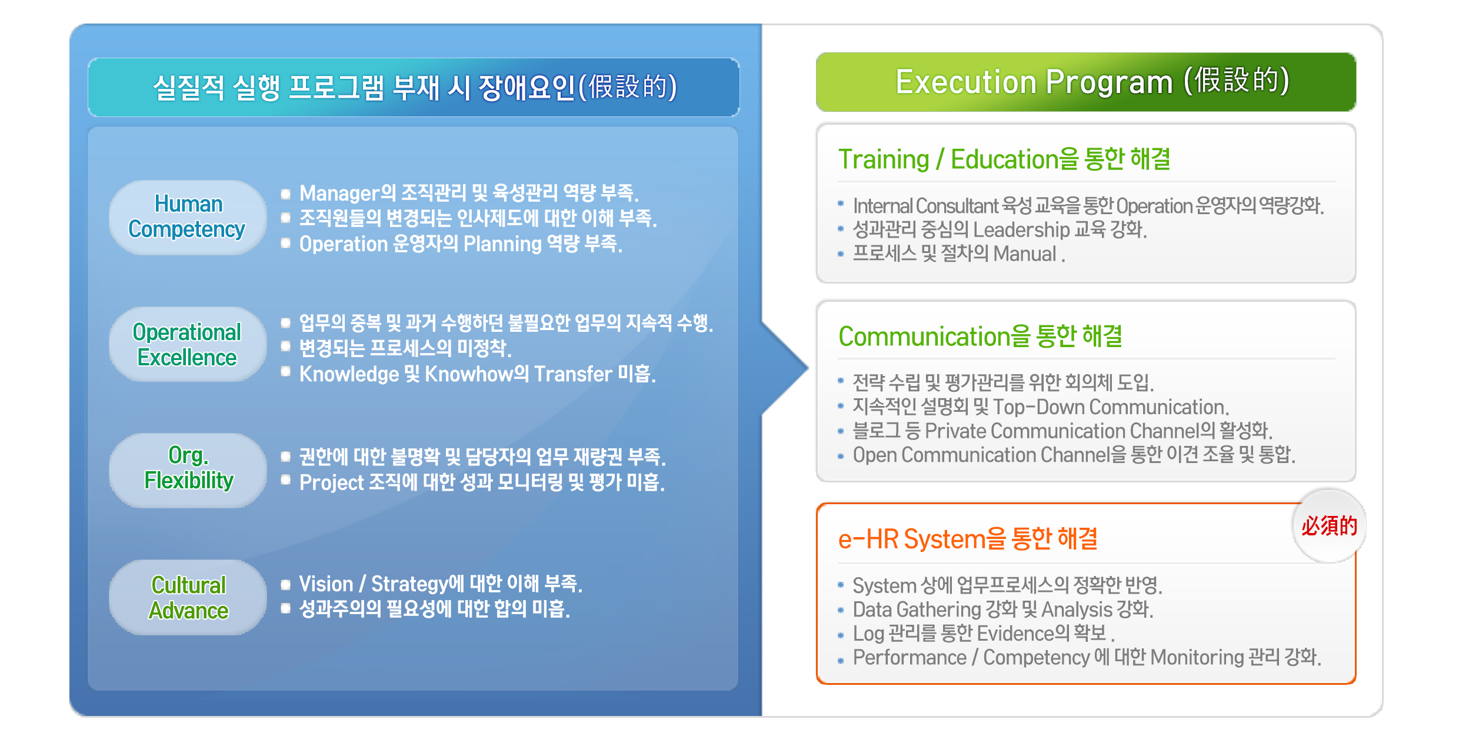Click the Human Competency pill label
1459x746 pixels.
[x=188, y=217]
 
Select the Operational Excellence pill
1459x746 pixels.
[x=188, y=344]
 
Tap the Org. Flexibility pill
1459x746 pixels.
[x=188, y=471]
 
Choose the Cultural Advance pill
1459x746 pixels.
[x=188, y=597]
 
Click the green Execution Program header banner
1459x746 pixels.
[x=1086, y=82]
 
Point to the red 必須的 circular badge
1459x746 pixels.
[x=1329, y=525]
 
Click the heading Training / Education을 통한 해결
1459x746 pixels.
[x=1004, y=159]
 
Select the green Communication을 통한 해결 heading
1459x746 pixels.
[x=980, y=337]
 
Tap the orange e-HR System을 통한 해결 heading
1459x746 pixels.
[x=968, y=539]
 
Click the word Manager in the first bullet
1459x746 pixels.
[x=339, y=193]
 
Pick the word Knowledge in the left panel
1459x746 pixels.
[x=349, y=374]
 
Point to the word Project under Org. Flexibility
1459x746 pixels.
[x=332, y=483]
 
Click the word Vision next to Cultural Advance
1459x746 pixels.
[x=326, y=584]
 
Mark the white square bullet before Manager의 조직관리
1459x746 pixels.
[x=286, y=194]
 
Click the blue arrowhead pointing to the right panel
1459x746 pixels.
[x=785, y=368]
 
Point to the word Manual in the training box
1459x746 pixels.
[x=1025, y=254]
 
